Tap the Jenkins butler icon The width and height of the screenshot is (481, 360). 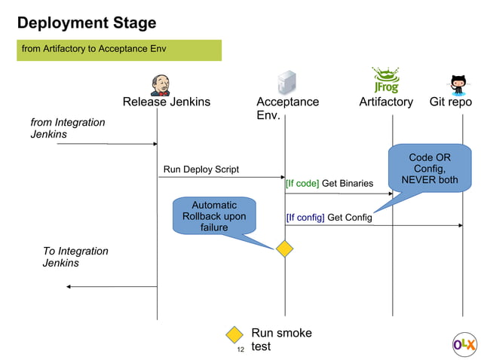point(159,84)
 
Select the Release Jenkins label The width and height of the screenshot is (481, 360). point(167,102)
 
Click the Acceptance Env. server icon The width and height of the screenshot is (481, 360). point(286,82)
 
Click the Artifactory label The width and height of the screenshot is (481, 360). point(385,102)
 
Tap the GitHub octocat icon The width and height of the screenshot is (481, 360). point(458,83)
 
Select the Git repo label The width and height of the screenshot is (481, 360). point(450,102)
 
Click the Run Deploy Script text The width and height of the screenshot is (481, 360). point(201,169)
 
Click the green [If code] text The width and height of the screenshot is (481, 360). point(302,183)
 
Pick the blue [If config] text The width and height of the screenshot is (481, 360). point(305,218)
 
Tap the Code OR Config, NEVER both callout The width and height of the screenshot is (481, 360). point(429,169)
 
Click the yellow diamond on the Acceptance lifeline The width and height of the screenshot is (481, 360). point(284,248)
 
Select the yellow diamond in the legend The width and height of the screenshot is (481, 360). point(234,335)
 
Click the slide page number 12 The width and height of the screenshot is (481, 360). point(240,350)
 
